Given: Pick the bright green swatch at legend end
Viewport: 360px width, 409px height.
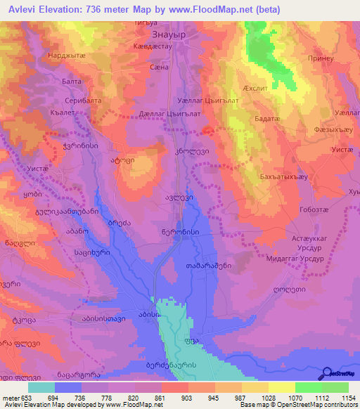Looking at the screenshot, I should pyautogui.click(x=335, y=387).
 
